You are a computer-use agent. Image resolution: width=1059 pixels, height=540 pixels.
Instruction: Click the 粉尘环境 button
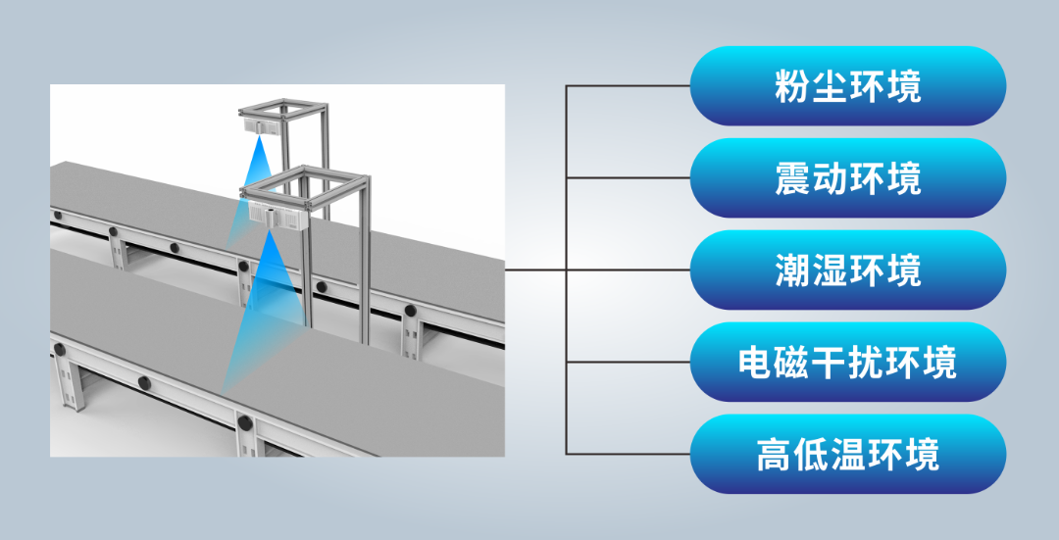847,85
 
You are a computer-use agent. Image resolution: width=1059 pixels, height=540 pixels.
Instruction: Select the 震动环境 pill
847,178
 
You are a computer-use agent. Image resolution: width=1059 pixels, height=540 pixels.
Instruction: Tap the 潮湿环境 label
847,270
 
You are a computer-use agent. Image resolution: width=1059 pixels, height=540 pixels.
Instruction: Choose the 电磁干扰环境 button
847,362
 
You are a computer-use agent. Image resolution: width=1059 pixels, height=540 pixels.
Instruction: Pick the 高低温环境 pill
847,454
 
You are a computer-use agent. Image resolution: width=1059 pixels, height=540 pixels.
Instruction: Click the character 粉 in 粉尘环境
792,86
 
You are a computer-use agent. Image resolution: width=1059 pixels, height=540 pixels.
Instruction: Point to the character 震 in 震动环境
792,179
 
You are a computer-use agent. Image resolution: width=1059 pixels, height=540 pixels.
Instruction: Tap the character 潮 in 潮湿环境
792,270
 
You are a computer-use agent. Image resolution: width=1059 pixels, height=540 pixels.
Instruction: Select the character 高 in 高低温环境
774,455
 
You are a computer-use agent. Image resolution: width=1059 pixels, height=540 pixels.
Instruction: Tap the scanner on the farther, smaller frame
259,124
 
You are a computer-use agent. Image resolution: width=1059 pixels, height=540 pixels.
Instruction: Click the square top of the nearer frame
304,183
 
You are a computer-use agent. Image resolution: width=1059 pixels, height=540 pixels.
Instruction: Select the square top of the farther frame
282,107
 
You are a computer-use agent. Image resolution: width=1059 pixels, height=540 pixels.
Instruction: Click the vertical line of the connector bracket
566,270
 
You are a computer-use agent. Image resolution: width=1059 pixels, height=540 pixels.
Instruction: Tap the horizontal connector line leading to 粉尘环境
628,85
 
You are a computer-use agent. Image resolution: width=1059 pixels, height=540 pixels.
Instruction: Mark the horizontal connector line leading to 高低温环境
628,454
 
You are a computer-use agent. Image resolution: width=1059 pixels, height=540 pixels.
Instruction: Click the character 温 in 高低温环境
847,455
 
